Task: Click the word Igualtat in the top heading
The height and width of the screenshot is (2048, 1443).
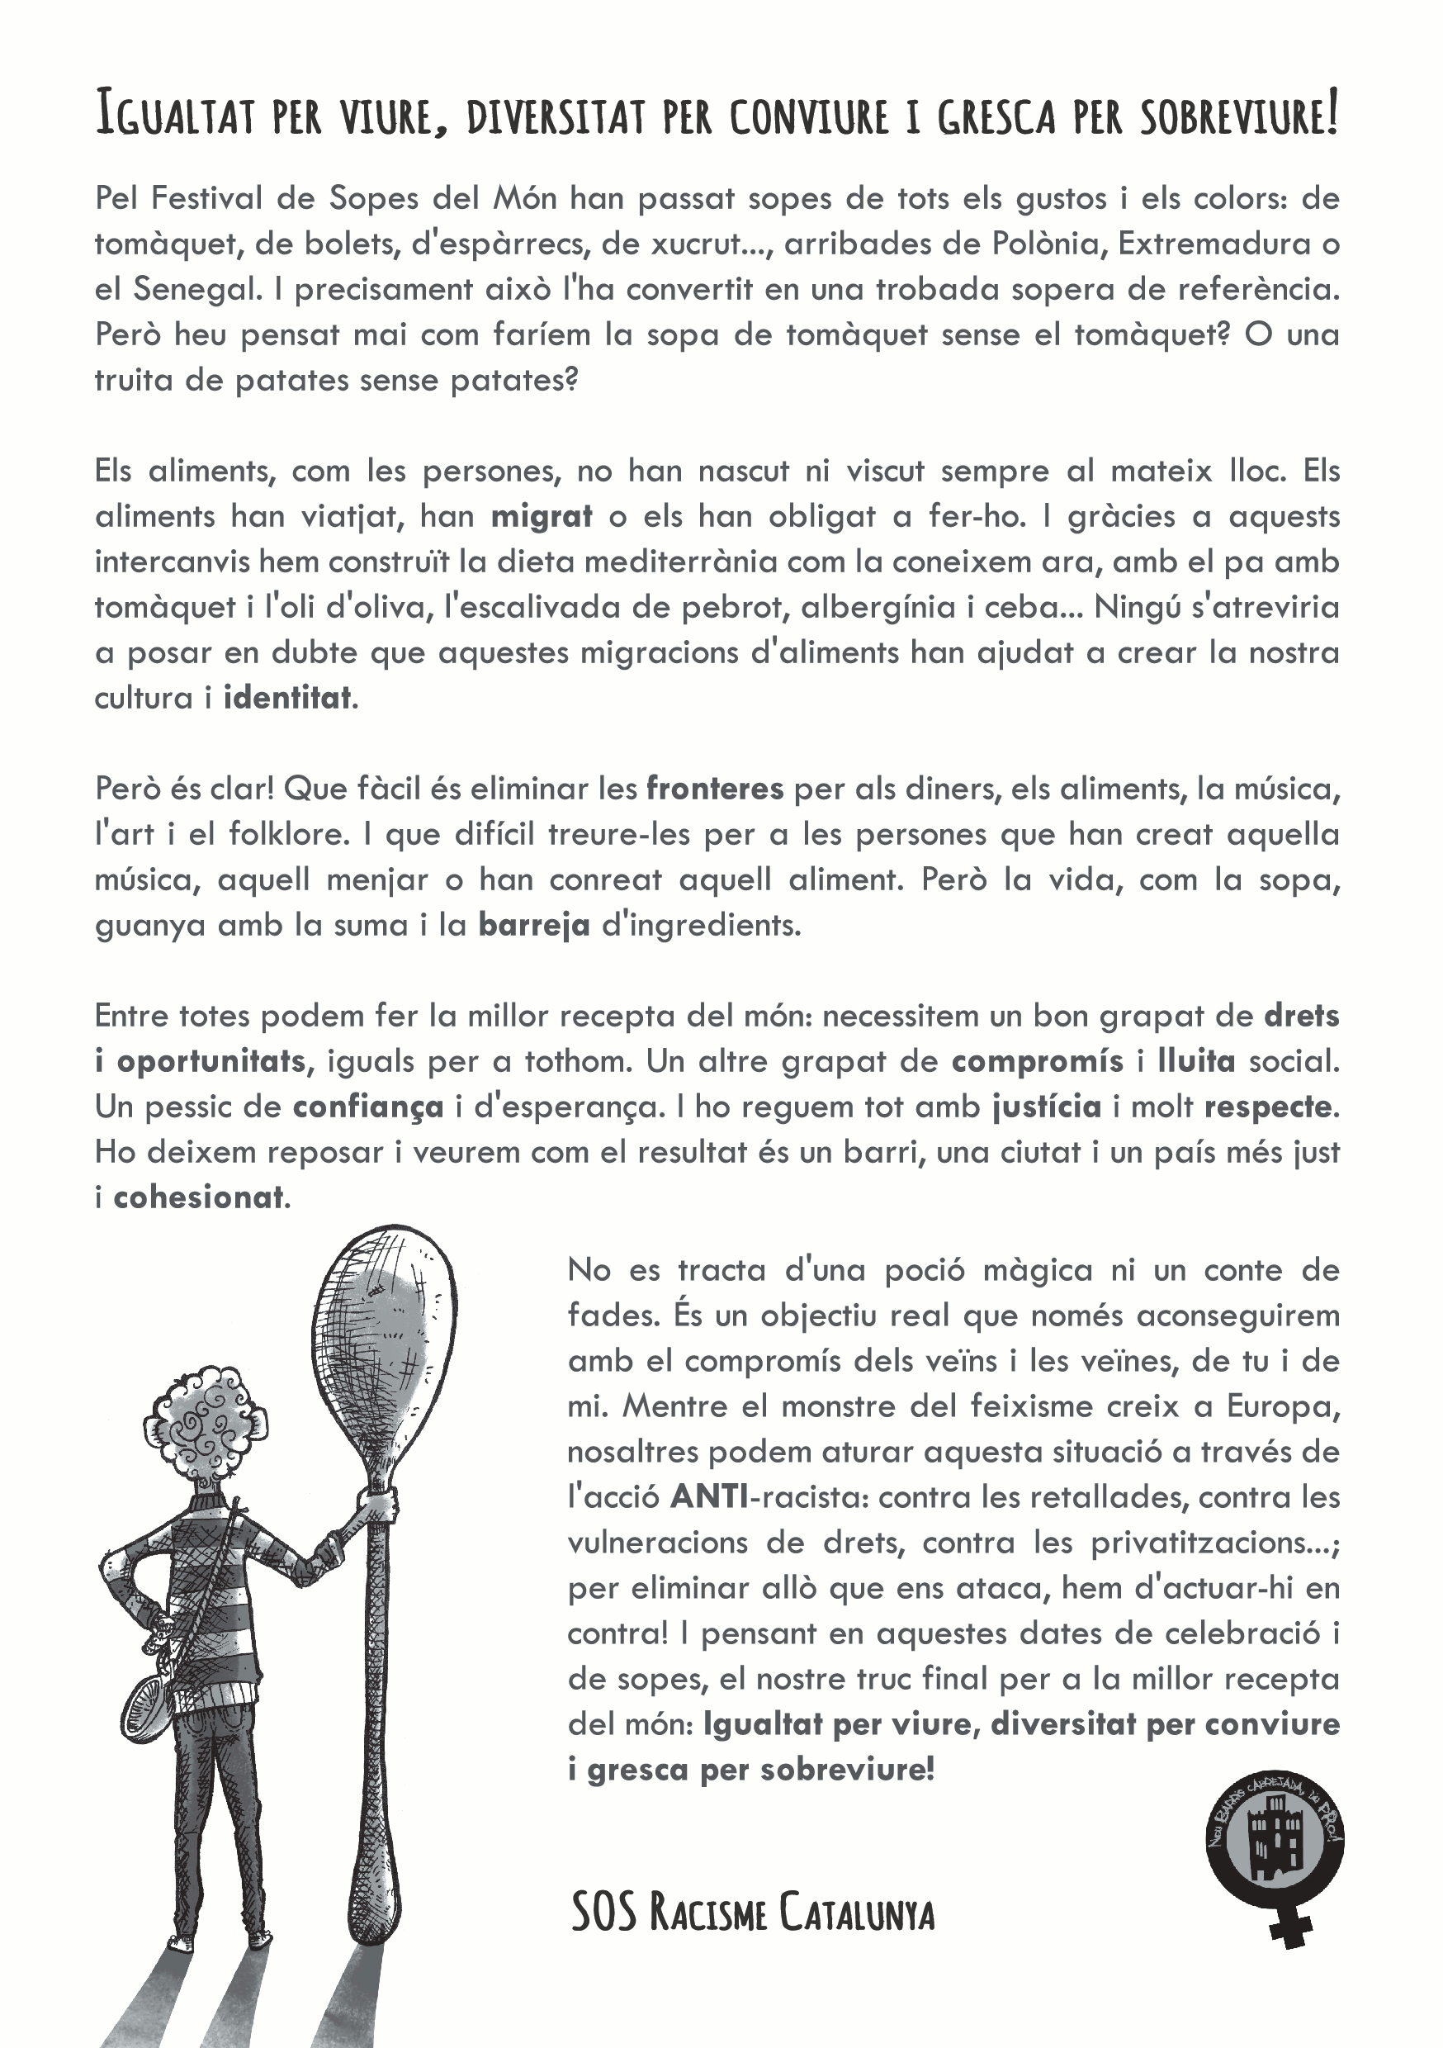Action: (176, 115)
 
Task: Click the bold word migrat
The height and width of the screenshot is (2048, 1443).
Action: (542, 516)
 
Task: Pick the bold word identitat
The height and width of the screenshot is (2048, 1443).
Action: (287, 698)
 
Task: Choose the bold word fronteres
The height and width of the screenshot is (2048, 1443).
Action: (714, 789)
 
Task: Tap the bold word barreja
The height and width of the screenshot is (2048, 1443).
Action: (533, 925)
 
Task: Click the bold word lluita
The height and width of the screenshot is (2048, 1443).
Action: (1196, 1060)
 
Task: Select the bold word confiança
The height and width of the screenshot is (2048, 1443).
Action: (367, 1107)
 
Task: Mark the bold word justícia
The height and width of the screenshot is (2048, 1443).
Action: (1046, 1107)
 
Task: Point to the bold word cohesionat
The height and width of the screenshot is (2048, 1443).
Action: (198, 1197)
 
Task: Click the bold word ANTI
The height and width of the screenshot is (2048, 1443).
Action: (709, 1496)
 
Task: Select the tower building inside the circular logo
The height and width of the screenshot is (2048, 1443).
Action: (1275, 1840)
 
